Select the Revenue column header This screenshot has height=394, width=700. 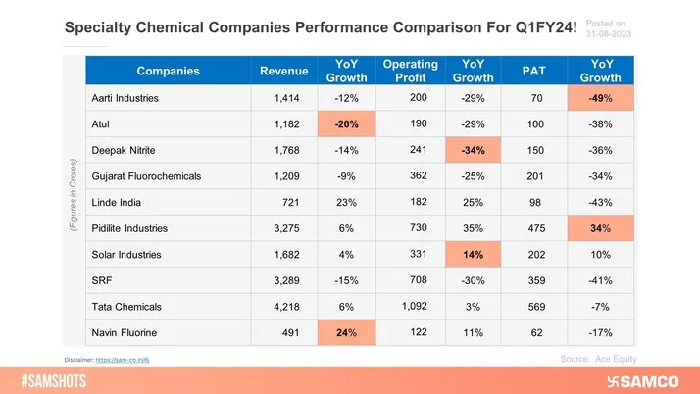pyautogui.click(x=282, y=72)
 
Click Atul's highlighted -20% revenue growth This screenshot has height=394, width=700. pyautogui.click(x=346, y=125)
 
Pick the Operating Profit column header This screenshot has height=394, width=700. pyautogui.click(x=410, y=72)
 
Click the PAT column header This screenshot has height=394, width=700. pyautogui.click(x=535, y=72)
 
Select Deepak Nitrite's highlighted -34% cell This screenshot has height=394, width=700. pyautogui.click(x=474, y=151)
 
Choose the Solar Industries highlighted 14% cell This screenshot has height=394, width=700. pyautogui.click(x=474, y=253)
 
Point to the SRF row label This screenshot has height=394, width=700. pyautogui.click(x=102, y=279)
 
